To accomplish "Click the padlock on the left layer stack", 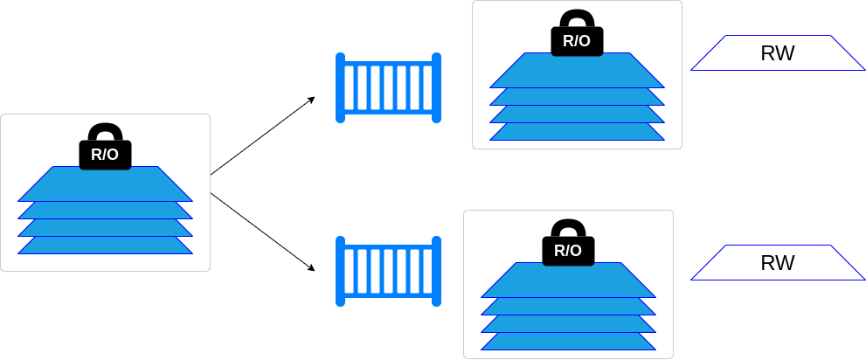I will [105, 147].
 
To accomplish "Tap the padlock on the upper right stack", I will [577, 33].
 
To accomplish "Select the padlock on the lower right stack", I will [568, 243].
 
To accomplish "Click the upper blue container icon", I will [388, 87].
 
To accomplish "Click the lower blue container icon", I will [388, 271].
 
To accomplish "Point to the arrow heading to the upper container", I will [262, 135].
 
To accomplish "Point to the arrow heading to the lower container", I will [262, 232].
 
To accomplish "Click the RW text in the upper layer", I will [778, 53].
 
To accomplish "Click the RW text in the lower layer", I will [778, 263].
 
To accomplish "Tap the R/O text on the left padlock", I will [105, 156].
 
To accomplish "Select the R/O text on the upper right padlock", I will [577, 41].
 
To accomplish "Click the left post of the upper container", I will [341, 87].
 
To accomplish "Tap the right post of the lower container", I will [436, 271].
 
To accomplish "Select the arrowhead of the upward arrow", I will [310, 100].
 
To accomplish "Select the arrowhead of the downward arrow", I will [310, 267].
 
